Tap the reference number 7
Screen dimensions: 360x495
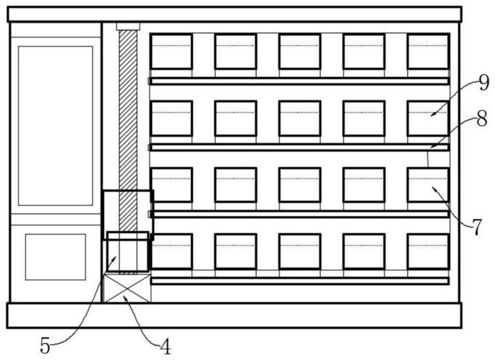[x=476, y=226]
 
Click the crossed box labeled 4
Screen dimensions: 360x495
[x=126, y=288]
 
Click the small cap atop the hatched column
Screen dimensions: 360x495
[x=128, y=26]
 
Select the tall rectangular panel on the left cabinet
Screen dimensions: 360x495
[x=55, y=126]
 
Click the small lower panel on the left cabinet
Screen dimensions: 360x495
[x=55, y=257]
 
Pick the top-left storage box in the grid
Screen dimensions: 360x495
[x=171, y=51]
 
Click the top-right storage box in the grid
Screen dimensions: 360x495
[x=428, y=51]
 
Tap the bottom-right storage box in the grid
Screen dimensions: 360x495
[x=428, y=252]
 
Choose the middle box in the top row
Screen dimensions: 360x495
[x=299, y=51]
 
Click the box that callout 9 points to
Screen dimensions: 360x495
[x=428, y=118]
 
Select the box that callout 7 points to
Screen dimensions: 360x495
[x=428, y=185]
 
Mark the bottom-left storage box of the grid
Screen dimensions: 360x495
[x=171, y=252]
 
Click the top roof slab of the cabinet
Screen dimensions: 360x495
[x=235, y=14]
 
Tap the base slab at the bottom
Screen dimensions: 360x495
[x=235, y=315]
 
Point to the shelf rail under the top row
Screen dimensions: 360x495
[x=299, y=81]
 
